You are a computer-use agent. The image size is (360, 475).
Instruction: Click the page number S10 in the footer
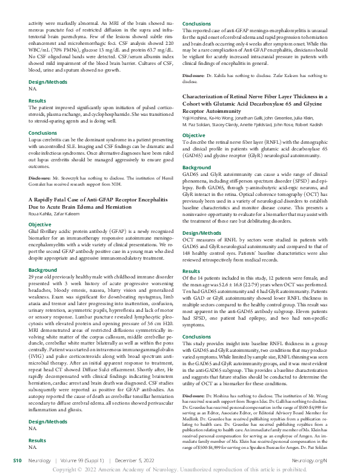coord(19,462)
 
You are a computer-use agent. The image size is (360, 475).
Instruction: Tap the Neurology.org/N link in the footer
coord(331,462)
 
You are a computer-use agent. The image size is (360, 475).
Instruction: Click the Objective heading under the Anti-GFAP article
coord(40,224)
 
